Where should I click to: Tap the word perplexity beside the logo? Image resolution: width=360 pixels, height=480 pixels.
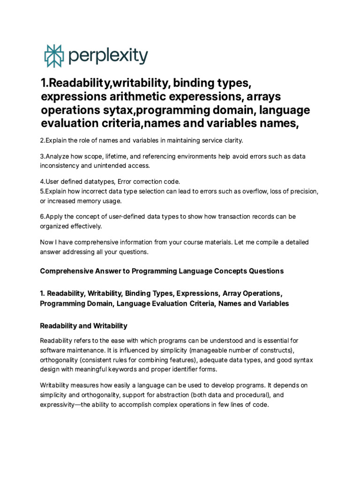coord(107,56)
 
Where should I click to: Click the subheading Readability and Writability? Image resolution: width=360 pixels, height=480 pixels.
coord(83,325)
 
